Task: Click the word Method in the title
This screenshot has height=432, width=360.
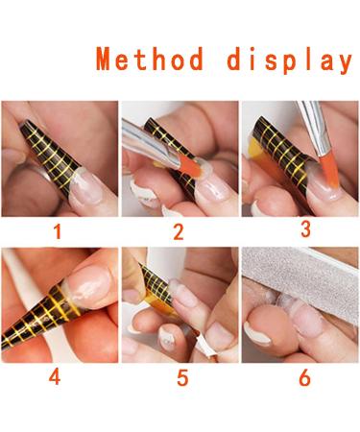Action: coord(151,60)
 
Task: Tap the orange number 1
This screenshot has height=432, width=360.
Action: coord(57,231)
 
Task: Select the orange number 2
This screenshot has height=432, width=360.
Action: coord(178,231)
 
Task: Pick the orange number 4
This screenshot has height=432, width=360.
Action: coord(55,376)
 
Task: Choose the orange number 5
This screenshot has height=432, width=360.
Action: coord(182,377)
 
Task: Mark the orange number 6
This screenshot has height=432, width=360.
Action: coord(304,377)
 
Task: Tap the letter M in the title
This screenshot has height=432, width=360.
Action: coord(108,60)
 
